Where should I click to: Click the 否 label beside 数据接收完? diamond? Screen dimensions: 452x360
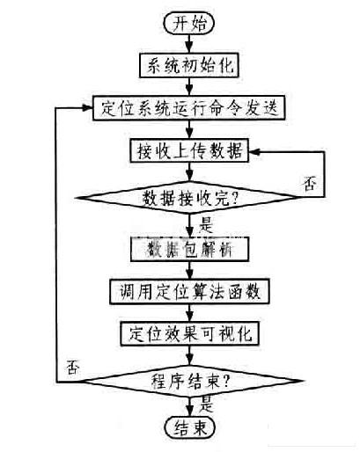[310, 186]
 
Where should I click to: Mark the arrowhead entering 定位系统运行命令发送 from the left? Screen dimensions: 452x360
[89, 107]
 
